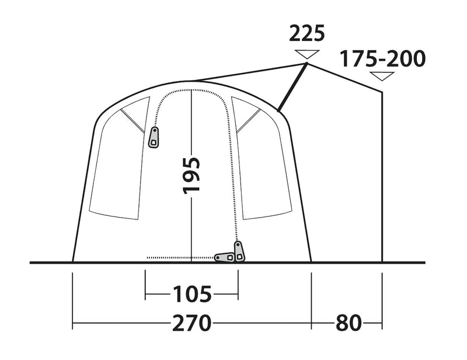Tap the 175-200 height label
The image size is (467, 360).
384,59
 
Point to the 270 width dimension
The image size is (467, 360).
191,322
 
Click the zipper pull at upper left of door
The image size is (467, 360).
154,137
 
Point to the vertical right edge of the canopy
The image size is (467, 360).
382,175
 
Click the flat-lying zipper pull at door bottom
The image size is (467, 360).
224,257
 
